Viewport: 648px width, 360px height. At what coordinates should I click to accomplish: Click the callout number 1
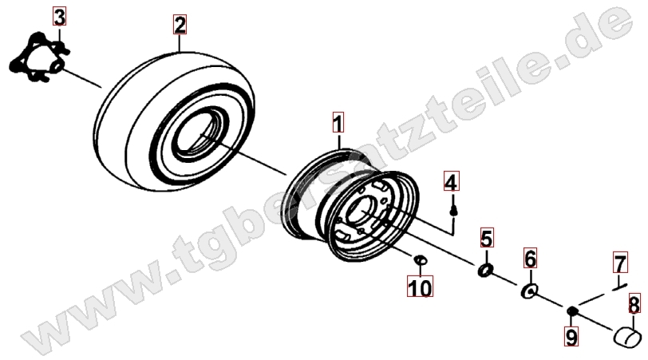pos(338,122)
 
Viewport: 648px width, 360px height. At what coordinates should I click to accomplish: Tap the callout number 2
pos(180,25)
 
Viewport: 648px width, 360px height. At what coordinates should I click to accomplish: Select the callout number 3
pos(59,17)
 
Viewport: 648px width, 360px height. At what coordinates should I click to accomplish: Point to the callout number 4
pos(452,181)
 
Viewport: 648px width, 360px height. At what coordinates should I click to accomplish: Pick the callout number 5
pos(487,238)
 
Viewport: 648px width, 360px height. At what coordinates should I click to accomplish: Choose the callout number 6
pos(530,259)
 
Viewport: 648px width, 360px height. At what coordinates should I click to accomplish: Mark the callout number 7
pos(620,263)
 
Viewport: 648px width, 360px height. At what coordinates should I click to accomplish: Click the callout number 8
pos(634,304)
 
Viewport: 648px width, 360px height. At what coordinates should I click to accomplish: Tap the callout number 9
pos(571,336)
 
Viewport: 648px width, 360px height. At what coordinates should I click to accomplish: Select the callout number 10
pos(420,287)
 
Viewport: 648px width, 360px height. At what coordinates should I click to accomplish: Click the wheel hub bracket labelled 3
pos(39,57)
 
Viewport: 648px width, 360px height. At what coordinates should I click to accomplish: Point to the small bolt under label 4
pos(453,212)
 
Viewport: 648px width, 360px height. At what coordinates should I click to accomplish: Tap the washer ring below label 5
pos(485,271)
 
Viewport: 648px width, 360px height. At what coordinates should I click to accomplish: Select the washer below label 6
pos(529,291)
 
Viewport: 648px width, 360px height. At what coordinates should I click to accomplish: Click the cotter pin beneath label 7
pos(619,287)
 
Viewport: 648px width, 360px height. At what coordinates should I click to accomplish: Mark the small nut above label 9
pos(571,311)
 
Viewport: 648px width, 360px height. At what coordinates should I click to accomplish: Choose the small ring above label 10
pos(420,260)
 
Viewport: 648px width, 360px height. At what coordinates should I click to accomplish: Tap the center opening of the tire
pos(199,133)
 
